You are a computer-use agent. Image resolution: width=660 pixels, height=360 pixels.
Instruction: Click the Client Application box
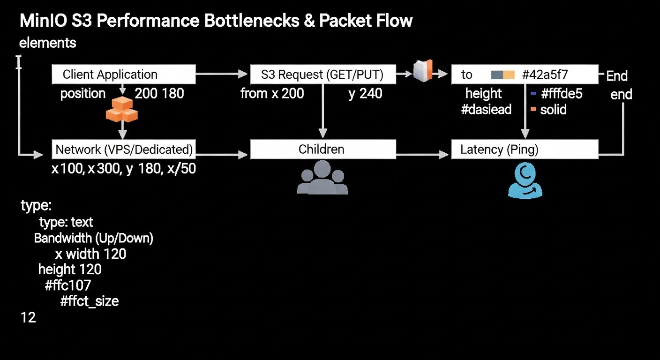(123, 75)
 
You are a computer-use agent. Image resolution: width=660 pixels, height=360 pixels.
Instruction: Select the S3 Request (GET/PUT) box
(322, 75)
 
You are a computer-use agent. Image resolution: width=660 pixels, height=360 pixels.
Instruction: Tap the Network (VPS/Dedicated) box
(123, 150)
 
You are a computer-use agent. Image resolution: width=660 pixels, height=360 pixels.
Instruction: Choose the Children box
(322, 150)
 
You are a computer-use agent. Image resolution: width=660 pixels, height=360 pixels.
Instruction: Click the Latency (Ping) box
(524, 150)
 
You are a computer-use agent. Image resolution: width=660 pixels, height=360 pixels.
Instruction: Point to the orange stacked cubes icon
(122, 109)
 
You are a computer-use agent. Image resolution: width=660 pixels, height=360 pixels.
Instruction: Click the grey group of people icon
(322, 177)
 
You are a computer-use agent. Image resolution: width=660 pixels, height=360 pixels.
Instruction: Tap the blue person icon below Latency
(525, 181)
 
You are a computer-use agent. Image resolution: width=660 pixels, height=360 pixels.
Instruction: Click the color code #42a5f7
(545, 75)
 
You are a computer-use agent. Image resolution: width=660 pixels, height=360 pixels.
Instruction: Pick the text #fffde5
(561, 93)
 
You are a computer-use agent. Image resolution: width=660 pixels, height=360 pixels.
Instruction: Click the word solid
(553, 110)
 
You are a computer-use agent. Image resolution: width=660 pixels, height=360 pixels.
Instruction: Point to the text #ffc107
(68, 285)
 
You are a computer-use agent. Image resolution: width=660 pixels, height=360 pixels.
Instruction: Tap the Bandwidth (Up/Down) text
(94, 238)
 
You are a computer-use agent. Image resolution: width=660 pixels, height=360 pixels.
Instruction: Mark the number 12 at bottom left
(28, 318)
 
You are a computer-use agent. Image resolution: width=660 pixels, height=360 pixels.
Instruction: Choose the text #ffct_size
(89, 301)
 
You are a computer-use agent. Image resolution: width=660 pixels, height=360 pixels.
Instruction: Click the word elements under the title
(47, 43)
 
